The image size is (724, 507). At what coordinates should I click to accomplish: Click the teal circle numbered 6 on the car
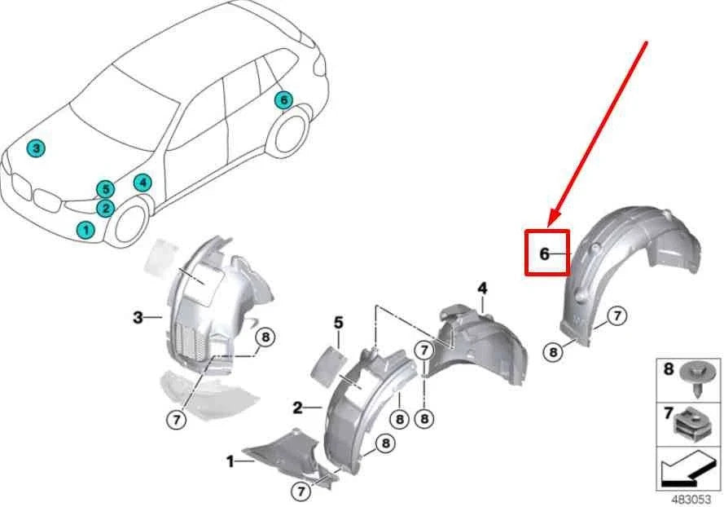283,100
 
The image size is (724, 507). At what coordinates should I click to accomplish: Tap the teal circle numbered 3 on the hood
36,148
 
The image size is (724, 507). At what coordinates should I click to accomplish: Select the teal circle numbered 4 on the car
143,183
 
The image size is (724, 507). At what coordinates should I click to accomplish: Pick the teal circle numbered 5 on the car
104,190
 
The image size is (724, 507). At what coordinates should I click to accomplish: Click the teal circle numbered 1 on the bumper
86,230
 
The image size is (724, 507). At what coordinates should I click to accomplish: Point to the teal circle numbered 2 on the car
104,209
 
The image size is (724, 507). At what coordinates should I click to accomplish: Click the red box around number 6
546,253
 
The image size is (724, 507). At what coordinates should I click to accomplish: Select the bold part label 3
138,316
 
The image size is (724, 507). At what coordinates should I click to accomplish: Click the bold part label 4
482,289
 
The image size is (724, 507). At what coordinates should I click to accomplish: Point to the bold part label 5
338,324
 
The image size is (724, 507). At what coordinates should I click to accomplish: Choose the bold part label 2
298,407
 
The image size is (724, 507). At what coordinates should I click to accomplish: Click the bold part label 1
230,462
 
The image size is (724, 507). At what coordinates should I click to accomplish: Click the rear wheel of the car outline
290,133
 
